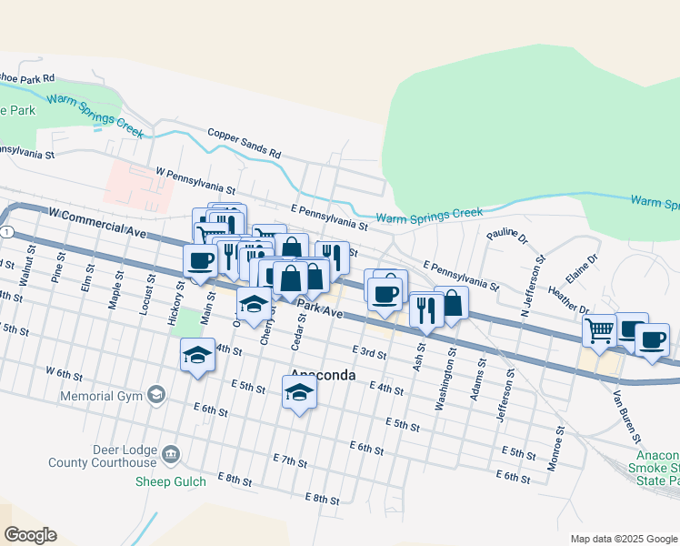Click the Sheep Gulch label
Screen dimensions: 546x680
coord(168,481)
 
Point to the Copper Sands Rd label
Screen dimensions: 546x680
coord(245,144)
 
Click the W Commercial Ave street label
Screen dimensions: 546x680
coord(97,222)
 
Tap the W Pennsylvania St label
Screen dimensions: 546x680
coord(195,181)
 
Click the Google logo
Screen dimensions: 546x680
coord(30,534)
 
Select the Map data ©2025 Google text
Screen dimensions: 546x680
coord(624,539)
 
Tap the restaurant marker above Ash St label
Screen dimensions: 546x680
coord(425,309)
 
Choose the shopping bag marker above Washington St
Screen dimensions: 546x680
coord(451,303)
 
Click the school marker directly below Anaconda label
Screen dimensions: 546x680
coord(298,393)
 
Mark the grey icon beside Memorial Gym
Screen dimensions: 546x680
coord(156,394)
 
